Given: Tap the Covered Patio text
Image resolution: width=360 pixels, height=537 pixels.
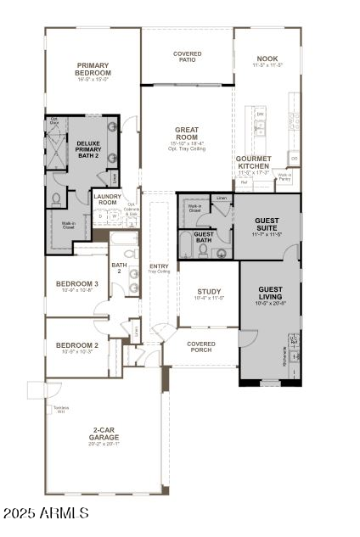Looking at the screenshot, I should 187,56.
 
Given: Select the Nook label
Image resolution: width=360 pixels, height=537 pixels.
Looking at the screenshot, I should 266,59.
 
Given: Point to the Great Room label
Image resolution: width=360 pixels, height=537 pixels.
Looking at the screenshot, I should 187,133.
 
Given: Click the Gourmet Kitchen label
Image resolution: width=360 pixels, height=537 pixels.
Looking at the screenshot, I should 254,162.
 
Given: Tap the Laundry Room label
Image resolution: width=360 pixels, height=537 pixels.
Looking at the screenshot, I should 107,199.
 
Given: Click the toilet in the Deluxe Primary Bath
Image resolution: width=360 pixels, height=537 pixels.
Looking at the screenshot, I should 56,199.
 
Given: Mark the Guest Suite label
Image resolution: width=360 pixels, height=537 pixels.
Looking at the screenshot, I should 267,224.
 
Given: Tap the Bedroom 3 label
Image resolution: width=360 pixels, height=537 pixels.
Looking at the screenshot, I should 77,283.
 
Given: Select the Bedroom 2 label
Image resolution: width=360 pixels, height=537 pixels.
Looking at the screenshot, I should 77,345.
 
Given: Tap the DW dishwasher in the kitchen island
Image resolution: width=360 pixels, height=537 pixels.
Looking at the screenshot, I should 260,113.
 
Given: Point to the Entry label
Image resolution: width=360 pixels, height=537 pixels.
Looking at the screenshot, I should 159,266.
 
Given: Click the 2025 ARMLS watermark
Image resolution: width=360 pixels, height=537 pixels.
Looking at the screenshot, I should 46,513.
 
